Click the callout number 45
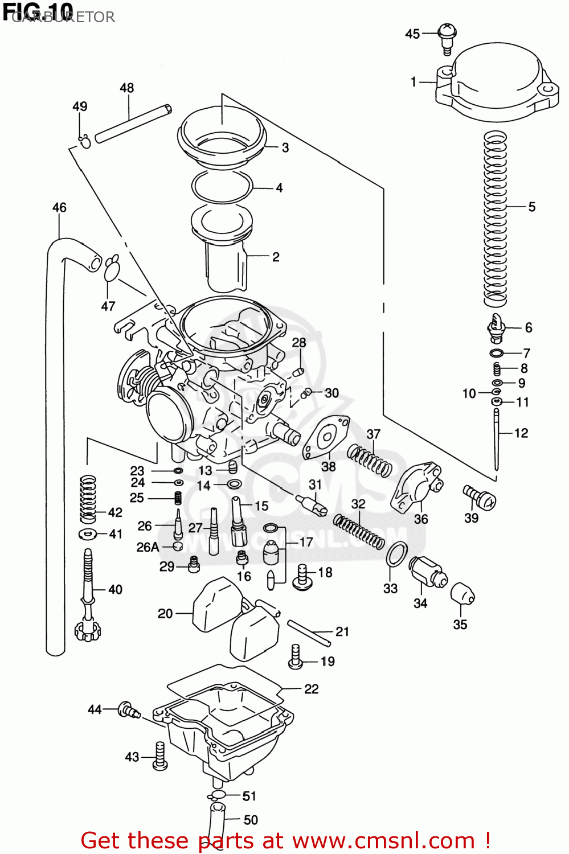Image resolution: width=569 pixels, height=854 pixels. coord(412,34)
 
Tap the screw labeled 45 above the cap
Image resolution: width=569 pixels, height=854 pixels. coord(447,37)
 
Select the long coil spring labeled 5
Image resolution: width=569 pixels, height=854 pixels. coord(495,216)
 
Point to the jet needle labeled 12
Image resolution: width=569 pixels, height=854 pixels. coord(497,438)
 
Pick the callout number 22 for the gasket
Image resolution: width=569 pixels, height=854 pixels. coord(312,689)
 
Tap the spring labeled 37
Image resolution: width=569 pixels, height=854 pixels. coord(370,460)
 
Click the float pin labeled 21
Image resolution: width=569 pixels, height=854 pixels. coord(309,633)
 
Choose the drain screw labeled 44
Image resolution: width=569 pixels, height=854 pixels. coord(128,711)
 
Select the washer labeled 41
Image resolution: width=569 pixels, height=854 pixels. coord(87,534)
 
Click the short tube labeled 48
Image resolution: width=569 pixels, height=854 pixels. coord(133,123)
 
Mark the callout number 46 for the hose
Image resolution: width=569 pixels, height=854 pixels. coord(59,207)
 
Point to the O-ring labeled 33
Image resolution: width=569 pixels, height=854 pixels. coord(396,554)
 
